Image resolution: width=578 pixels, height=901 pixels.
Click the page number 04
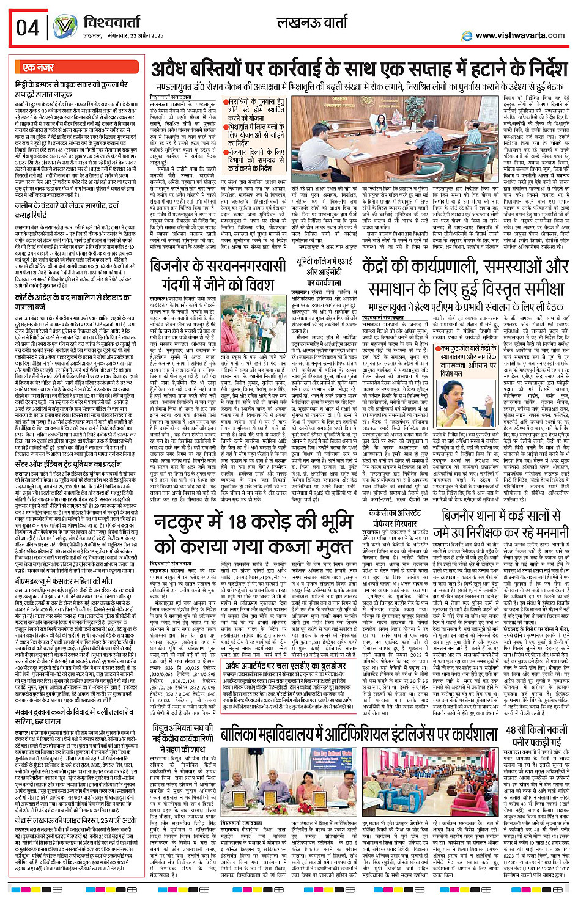[28, 28]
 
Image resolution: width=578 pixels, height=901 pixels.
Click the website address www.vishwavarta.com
[519, 35]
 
